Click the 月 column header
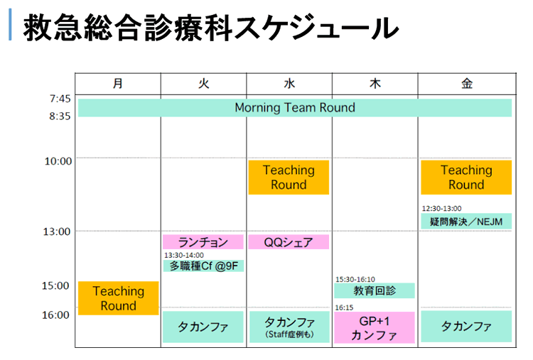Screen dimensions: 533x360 click(117, 84)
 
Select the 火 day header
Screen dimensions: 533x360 click(203, 84)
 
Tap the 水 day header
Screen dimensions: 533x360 click(289, 84)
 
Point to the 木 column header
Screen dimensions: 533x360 click(375, 84)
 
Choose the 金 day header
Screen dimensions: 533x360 click(467, 84)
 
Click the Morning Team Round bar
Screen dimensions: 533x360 click(295, 108)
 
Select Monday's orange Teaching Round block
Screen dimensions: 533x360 click(118, 298)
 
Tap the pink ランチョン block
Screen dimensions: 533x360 click(203, 242)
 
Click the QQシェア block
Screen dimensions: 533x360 click(289, 242)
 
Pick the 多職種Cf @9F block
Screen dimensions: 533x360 click(203, 266)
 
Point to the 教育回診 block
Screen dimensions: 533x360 click(375, 290)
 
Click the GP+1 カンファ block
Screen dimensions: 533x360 click(375, 328)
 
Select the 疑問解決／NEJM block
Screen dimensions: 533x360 click(466, 222)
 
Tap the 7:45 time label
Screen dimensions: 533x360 click(60, 99)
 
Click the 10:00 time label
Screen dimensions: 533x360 click(58, 161)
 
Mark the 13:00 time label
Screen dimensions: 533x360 click(56, 231)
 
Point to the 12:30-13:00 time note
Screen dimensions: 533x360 click(441, 208)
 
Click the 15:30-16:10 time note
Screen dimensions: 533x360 click(355, 279)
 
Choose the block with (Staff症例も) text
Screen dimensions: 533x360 click(289, 327)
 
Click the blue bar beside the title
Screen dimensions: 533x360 click(10, 24)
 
